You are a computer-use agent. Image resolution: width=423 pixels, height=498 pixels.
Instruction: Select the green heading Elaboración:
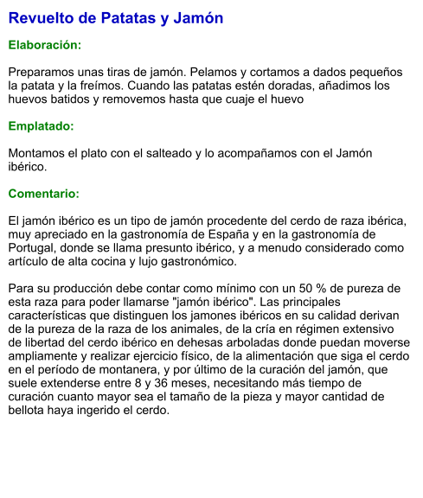point(44,44)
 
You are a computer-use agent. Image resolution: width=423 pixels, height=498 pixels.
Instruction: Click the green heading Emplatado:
point(41,126)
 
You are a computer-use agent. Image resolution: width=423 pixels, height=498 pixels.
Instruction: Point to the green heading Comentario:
point(43,194)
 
